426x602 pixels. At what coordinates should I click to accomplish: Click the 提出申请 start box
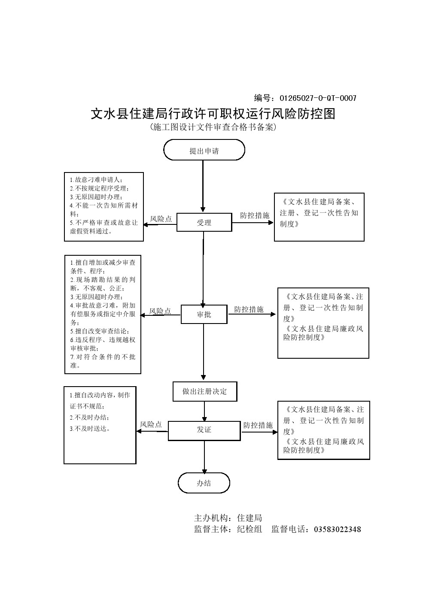[x=204, y=151]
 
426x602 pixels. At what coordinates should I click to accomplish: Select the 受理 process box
[x=204, y=223]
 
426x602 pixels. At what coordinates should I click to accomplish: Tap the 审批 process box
[x=204, y=315]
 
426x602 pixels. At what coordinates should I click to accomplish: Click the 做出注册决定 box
[x=204, y=391]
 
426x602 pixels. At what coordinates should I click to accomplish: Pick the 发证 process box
[x=204, y=430]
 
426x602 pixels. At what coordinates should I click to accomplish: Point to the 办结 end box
[x=204, y=483]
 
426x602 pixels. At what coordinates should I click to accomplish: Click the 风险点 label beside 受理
[x=161, y=219]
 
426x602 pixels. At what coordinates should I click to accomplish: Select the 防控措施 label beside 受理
[x=255, y=215]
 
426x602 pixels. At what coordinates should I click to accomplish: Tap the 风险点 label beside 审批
[x=160, y=311]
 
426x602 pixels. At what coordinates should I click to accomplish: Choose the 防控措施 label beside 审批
[x=249, y=309]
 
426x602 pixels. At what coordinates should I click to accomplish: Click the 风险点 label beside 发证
[x=151, y=424]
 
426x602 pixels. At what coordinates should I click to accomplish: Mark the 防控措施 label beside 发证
[x=258, y=425]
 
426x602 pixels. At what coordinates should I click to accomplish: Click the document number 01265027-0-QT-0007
[x=318, y=98]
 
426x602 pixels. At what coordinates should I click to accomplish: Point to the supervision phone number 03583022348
[x=338, y=529]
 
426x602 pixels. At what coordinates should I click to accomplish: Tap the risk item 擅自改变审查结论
[x=102, y=331]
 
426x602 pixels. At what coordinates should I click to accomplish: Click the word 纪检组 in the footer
[x=250, y=529]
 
